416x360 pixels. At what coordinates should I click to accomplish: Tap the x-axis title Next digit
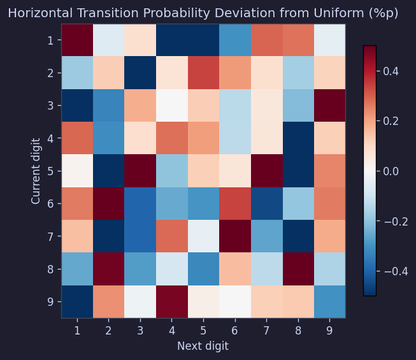click(x=203, y=346)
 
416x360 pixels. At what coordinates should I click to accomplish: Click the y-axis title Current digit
click(x=36, y=171)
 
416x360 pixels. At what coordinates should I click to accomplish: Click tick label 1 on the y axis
click(x=51, y=40)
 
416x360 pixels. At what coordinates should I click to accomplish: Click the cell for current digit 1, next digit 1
click(x=77, y=40)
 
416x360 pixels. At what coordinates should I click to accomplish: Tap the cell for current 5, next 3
click(x=140, y=171)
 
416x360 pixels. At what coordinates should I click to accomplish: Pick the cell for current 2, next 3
click(x=140, y=73)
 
